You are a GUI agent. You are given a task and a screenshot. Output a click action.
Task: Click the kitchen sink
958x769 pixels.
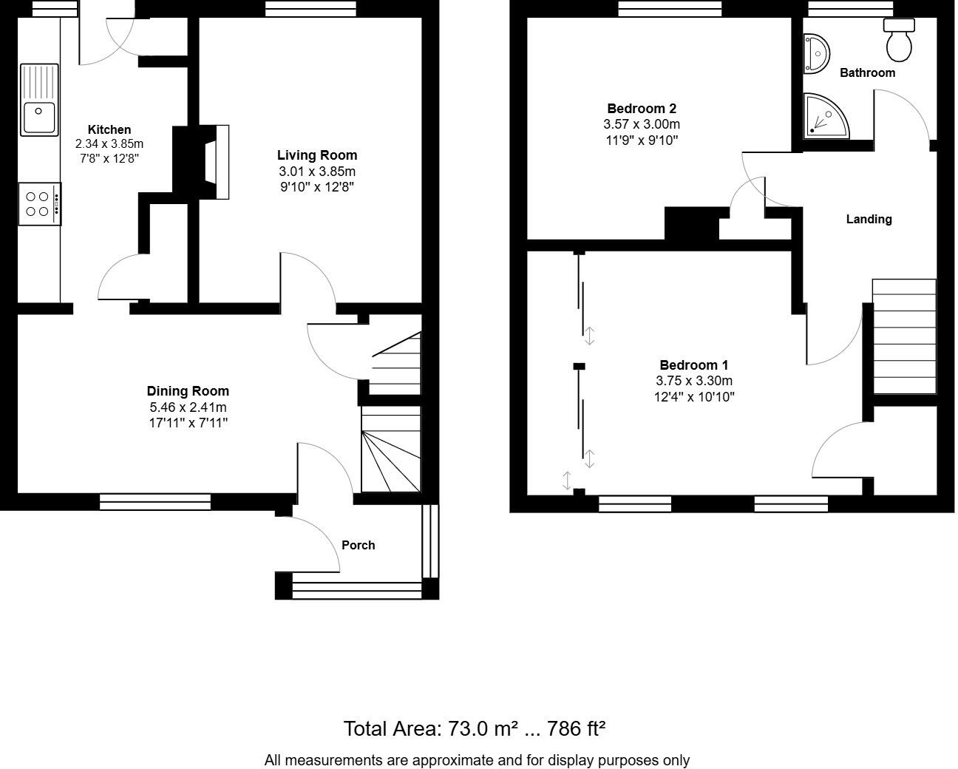coord(39,101)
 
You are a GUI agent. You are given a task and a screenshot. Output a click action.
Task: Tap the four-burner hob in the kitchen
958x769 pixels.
coord(39,204)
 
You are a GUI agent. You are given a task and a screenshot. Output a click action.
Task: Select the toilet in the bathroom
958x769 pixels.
coord(899,40)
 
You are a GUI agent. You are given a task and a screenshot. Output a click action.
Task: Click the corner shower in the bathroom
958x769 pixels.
coord(824,116)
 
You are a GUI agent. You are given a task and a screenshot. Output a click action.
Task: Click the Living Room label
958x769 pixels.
coord(316,155)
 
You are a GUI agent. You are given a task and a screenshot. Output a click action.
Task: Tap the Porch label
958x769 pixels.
coord(358,545)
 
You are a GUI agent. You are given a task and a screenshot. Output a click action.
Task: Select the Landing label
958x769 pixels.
coord(869,219)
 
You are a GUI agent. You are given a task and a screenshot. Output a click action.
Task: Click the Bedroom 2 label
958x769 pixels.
coord(641,109)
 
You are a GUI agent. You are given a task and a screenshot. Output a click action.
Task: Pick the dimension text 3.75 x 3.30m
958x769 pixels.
coord(693,381)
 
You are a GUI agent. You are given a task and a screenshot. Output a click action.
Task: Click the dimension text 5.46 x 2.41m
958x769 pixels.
coord(188,407)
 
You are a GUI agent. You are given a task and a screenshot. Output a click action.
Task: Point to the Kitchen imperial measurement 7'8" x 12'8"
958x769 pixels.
coord(109,158)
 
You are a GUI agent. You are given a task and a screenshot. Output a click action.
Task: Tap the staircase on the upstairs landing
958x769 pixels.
coord(904,336)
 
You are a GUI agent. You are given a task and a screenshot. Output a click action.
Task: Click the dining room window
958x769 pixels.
coord(155,503)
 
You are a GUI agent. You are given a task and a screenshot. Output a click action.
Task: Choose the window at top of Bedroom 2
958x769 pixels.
coord(669,8)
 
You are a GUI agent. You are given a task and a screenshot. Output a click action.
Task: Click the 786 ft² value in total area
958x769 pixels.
coord(576,729)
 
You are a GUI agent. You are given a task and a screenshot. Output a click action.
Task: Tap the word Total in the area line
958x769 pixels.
coord(366,729)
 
